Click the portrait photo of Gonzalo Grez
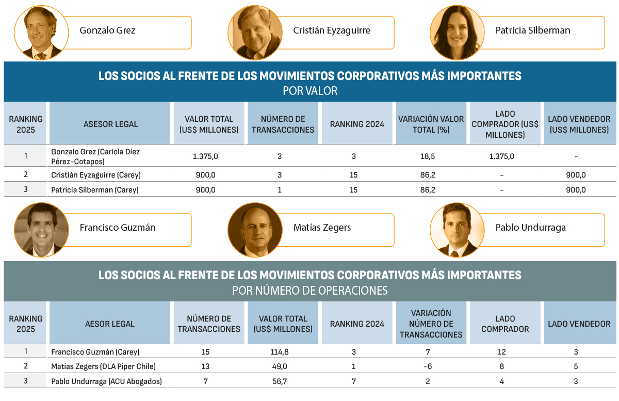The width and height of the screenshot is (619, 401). coord(41,33)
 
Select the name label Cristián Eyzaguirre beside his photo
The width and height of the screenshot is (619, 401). coord(332,30)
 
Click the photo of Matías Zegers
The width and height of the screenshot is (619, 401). coord(255,230)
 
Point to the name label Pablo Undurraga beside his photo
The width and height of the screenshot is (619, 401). coord(530,228)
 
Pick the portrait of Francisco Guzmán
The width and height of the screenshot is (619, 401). coord(41,230)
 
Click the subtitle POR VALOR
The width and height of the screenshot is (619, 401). coord(309,91)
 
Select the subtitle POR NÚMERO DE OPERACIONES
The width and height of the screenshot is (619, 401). coord(309,291)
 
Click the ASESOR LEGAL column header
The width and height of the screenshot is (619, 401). coord(110,124)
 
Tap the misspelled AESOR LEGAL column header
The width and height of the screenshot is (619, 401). coord(109,324)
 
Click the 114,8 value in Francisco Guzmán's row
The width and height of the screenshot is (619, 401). coord(283,352)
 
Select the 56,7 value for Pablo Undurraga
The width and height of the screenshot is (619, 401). coord(283,381)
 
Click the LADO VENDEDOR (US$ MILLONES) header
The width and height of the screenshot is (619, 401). coord(579,124)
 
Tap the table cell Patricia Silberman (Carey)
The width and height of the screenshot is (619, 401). coord(95,190)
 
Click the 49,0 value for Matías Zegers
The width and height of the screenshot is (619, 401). coord(283,366)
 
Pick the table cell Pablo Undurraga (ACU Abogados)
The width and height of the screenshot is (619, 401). coord(106,381)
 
